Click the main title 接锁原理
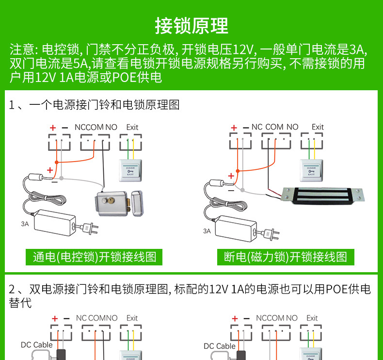(191, 26)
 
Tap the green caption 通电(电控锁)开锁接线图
(95, 257)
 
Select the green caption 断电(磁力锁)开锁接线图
(286, 257)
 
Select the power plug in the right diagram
(272, 234)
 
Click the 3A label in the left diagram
(25, 224)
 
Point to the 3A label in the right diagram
(207, 231)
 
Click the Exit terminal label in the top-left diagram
(132, 127)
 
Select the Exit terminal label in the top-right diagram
(318, 127)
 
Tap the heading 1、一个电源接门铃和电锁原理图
(95, 104)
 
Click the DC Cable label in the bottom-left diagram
(36, 345)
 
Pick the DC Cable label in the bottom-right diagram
(219, 346)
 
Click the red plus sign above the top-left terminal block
(53, 128)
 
